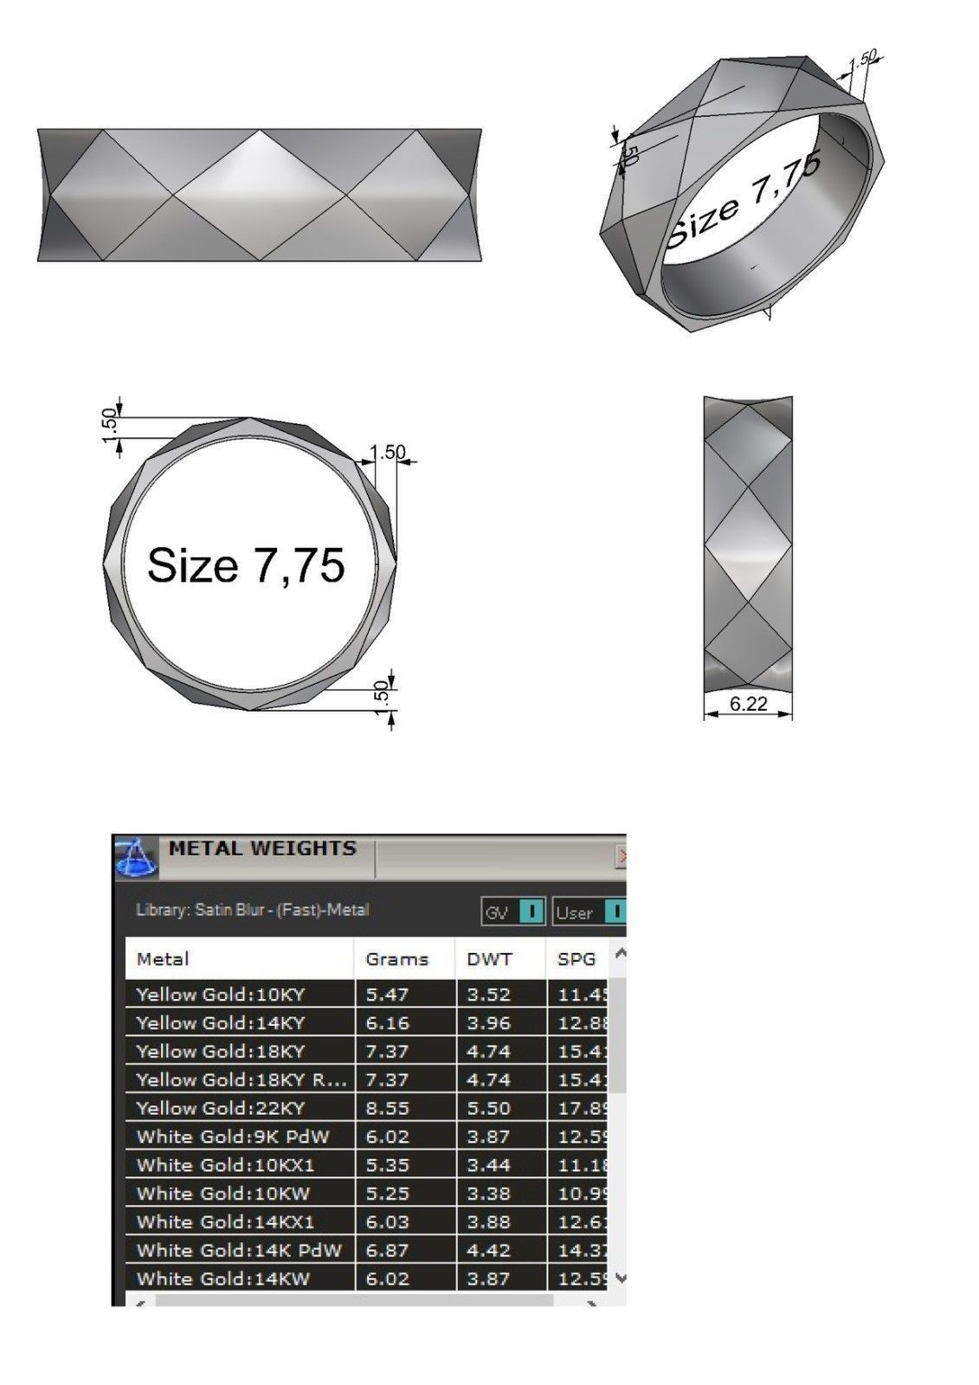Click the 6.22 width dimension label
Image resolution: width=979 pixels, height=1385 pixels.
pos(748,704)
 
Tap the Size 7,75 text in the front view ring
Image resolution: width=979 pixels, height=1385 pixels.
pos(246,565)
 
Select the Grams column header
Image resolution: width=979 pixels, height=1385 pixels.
pos(396,959)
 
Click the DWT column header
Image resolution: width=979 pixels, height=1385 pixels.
pos(489,959)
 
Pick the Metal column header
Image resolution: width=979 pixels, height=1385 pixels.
pos(163,959)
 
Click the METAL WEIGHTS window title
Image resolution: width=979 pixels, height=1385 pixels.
pos(262,848)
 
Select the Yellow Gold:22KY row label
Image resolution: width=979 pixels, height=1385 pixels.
pos(221,1108)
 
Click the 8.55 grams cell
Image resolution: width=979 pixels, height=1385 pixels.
pos(387,1108)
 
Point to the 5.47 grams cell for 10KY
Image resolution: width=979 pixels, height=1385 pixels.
pos(387,995)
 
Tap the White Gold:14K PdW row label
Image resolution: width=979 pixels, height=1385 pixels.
pos(239,1250)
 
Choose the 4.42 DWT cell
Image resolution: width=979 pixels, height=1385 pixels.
pos(488,1250)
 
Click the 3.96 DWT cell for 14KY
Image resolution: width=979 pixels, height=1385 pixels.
pos(488,1023)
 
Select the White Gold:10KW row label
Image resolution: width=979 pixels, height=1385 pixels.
pos(223,1194)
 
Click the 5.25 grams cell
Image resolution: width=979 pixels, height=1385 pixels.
pos(387,1194)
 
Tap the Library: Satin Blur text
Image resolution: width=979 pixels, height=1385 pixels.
pos(253,910)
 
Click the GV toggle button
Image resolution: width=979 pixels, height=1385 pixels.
pos(512,912)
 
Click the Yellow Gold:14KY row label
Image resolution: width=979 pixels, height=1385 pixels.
pos(221,1023)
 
